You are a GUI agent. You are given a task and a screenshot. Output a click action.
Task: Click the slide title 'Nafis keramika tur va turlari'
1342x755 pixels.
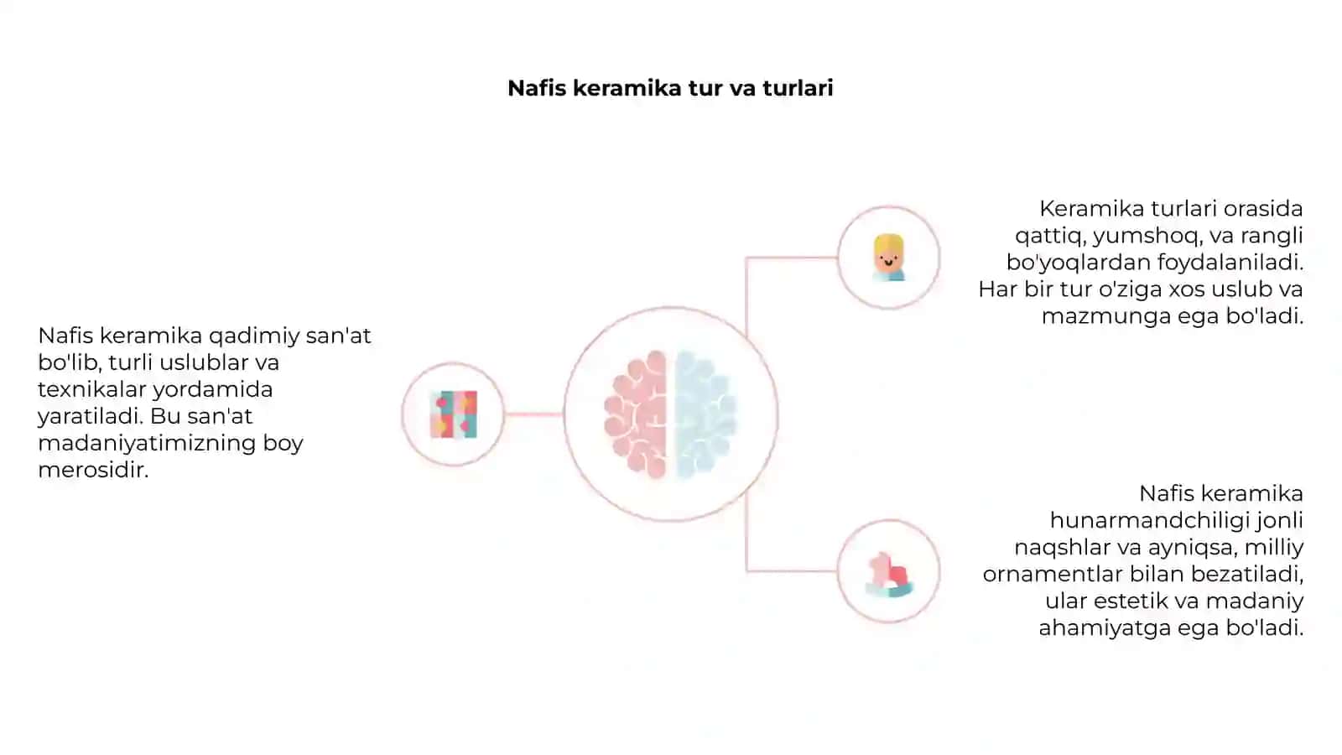coord(670,88)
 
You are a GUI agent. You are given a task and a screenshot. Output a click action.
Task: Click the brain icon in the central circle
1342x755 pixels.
coord(670,414)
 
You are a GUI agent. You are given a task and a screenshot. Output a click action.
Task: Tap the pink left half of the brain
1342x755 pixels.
coord(636,414)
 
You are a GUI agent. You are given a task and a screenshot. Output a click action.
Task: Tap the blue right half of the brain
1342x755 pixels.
coord(705,414)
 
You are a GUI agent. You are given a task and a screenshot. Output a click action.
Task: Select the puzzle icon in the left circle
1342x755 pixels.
coord(454,414)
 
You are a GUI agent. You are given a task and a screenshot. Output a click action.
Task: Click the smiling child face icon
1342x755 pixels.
coord(888,258)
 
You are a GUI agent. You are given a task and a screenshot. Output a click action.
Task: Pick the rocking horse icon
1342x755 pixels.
coord(889,575)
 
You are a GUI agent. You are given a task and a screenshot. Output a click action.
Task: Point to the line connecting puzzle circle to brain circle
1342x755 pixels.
coord(533,414)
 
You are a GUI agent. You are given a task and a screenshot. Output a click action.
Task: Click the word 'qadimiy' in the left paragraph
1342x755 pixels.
coord(254,336)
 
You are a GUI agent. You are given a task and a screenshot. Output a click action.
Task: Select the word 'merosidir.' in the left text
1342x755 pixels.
coord(93,471)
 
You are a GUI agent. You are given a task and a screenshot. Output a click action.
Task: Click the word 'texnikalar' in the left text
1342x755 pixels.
coord(91,389)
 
